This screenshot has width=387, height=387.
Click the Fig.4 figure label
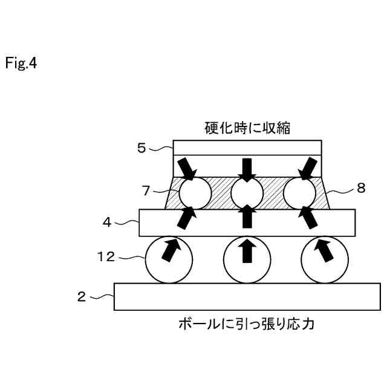point(21,63)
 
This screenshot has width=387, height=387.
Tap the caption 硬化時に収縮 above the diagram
point(247,128)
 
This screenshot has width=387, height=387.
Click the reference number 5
point(141,148)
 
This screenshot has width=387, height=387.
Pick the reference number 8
point(361,188)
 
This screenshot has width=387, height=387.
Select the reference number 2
point(80,296)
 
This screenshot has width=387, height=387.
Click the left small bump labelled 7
point(195,193)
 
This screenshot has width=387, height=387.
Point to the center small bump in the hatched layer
point(247,193)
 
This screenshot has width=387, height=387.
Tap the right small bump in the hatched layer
point(299,193)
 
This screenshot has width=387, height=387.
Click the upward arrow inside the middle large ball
point(247,251)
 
